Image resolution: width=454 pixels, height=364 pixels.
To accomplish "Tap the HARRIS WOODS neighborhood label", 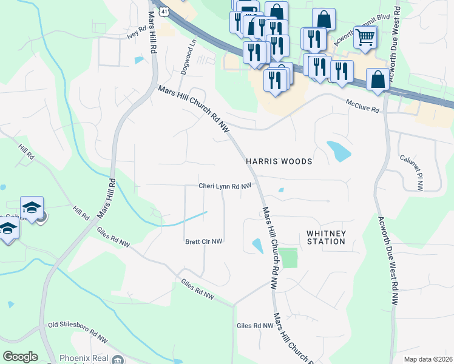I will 279,162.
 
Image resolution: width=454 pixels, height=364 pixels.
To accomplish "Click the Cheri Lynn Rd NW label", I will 225,186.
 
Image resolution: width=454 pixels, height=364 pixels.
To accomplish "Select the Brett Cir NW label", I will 204,241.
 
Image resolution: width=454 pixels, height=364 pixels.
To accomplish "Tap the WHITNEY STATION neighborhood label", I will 326,237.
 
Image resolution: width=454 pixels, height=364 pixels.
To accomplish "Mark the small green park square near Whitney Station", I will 289,258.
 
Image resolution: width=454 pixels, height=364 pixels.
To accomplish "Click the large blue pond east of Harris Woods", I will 338,150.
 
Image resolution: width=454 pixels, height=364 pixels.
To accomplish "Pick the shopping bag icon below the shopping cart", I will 378,79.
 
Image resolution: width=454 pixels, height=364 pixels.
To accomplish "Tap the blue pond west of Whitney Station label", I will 257,246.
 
